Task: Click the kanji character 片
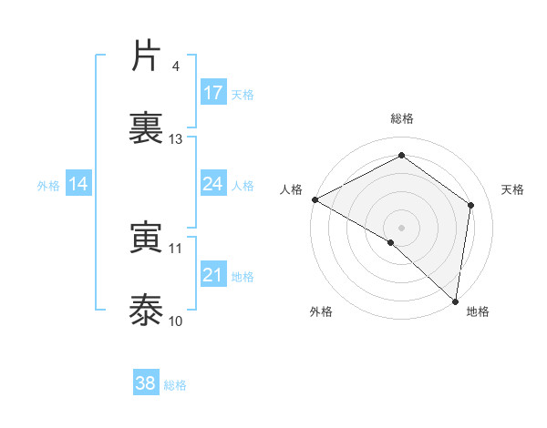point(147,56)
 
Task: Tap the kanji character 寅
point(147,239)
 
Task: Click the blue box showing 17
point(213,93)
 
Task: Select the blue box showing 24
point(213,184)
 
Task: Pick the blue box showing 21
point(213,275)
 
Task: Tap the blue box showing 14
point(78,184)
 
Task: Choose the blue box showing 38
point(146,383)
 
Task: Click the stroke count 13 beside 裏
point(176,139)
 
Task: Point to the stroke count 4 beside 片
point(176,66)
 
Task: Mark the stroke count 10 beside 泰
point(176,321)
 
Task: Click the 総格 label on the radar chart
point(402,118)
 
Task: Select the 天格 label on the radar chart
point(513,189)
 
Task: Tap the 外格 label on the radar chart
point(321,312)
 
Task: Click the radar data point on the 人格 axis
point(315,199)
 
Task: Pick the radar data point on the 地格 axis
point(455,300)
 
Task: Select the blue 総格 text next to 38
point(176,385)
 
